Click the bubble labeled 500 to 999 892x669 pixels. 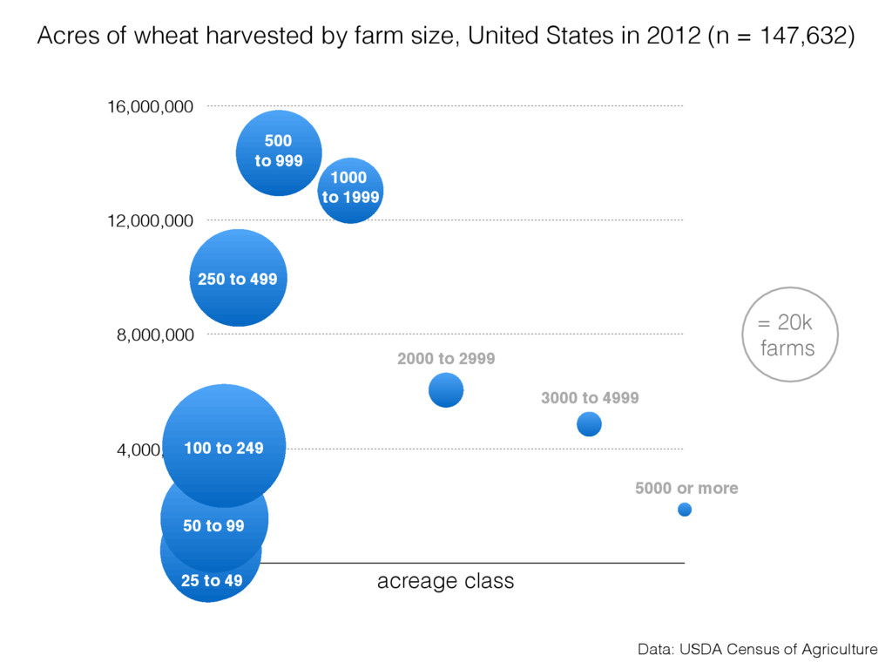[278, 152]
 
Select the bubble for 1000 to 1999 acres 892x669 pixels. [350, 190]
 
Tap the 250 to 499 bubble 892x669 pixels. [238, 279]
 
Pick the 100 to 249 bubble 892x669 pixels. [224, 446]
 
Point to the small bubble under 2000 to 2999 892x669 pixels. [446, 389]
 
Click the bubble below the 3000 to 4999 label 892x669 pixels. [589, 424]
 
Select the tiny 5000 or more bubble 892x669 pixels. [685, 510]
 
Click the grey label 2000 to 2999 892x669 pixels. [446, 358]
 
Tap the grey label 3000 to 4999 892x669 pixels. [590, 398]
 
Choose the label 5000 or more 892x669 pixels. [686, 489]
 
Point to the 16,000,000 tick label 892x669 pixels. [150, 106]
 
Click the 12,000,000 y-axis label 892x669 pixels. [150, 221]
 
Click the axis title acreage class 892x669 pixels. [445, 581]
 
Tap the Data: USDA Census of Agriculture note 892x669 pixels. [757, 649]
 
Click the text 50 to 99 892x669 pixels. [213, 525]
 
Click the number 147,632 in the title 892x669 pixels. [796, 37]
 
